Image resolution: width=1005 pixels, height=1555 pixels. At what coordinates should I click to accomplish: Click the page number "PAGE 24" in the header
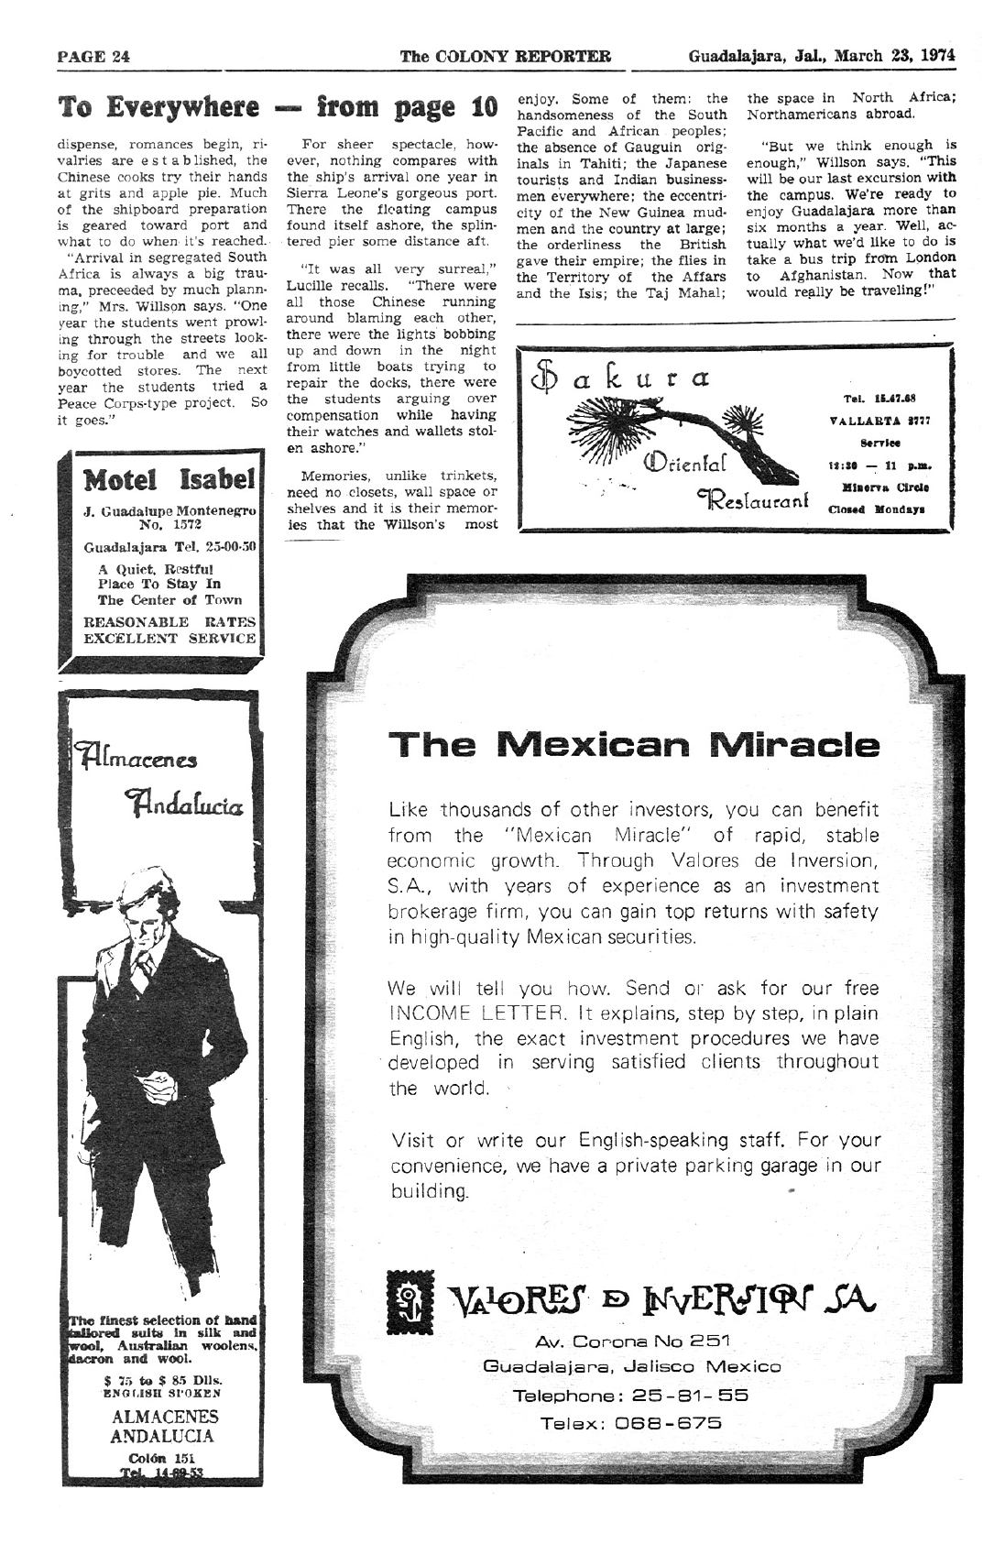click(x=93, y=57)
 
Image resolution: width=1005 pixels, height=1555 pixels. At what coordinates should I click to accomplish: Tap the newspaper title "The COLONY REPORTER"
click(x=505, y=56)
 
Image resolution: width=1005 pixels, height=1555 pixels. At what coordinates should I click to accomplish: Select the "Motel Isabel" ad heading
click(x=169, y=479)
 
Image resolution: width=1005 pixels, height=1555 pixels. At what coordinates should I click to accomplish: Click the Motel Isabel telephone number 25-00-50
click(x=234, y=547)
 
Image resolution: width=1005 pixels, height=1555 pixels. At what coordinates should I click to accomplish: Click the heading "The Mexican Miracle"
click(x=633, y=744)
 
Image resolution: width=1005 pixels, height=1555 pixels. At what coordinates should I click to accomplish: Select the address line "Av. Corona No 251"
click(x=633, y=1341)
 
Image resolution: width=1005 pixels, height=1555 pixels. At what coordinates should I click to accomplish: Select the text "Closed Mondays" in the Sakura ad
click(x=879, y=508)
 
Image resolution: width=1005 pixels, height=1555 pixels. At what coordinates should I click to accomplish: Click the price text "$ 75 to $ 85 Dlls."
click(x=163, y=1380)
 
